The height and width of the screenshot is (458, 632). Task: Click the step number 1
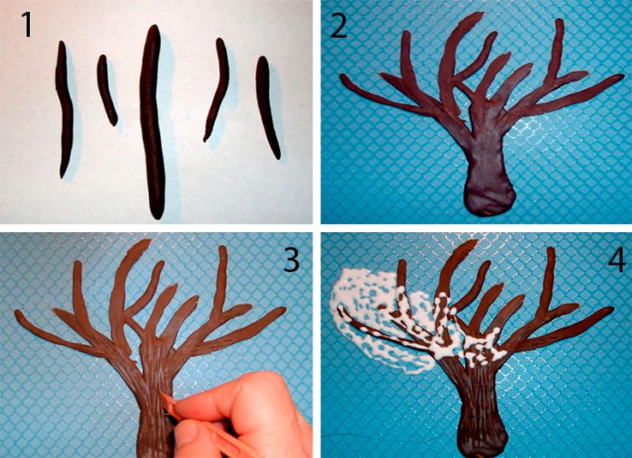(x=26, y=24)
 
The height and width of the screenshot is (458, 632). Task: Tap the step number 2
(x=339, y=26)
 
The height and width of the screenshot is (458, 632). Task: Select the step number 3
(x=292, y=259)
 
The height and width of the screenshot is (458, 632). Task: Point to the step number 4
(x=617, y=259)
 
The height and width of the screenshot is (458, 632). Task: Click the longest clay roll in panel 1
(x=153, y=121)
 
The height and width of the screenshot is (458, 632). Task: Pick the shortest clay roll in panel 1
(x=107, y=89)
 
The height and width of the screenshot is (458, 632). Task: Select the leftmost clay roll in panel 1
(x=64, y=109)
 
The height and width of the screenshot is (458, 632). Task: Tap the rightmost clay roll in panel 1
(x=267, y=107)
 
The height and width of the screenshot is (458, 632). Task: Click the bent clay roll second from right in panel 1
(x=218, y=89)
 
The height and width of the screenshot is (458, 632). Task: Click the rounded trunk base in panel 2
(x=490, y=198)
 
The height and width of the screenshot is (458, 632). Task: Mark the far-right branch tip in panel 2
(x=621, y=76)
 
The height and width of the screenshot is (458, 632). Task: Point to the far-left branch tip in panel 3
(x=18, y=313)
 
